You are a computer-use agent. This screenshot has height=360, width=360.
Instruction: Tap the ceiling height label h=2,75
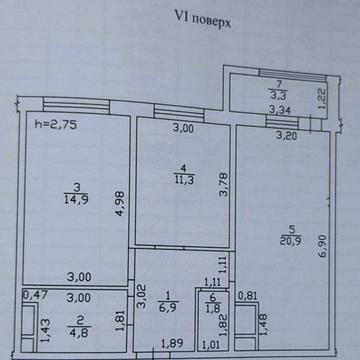tap(56, 125)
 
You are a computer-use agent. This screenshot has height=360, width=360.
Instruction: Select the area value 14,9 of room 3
tap(77, 199)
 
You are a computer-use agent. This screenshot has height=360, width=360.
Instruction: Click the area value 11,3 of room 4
tap(184, 180)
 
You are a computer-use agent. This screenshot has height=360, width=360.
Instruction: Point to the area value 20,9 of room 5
tap(291, 240)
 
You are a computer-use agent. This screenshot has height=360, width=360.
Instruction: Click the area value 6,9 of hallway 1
tap(168, 304)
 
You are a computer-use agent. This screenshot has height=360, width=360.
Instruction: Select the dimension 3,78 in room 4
tap(224, 185)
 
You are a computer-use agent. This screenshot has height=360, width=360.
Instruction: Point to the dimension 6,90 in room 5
tap(323, 246)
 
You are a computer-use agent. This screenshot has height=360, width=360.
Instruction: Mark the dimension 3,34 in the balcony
tap(279, 110)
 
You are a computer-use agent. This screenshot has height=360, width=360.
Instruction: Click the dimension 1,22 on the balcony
tap(322, 98)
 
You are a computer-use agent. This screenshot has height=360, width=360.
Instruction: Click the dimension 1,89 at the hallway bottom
tap(172, 344)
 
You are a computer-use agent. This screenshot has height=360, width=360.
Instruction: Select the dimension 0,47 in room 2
tap(36, 295)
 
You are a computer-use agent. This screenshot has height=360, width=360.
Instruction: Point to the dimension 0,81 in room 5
tap(248, 296)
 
